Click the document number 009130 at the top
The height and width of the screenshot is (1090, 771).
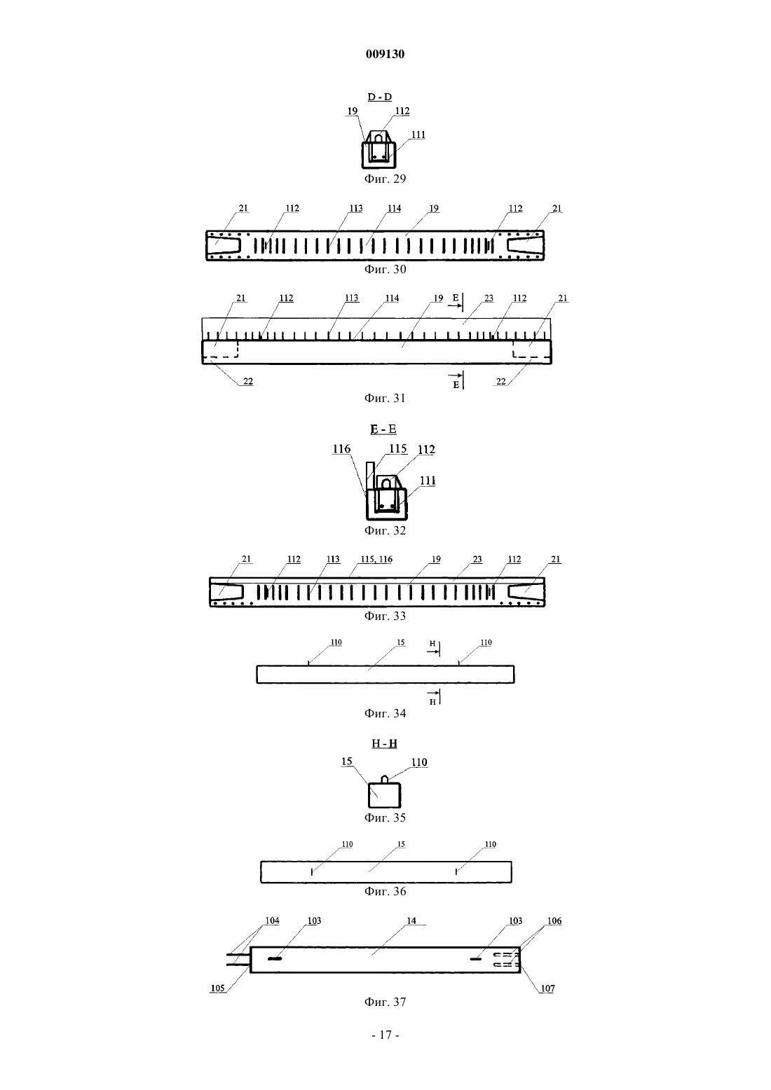pyautogui.click(x=385, y=54)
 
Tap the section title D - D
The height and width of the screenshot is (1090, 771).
pyautogui.click(x=380, y=97)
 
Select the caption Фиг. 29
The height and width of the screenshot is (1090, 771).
pyautogui.click(x=385, y=179)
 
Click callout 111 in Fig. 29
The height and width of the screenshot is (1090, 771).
pyautogui.click(x=418, y=134)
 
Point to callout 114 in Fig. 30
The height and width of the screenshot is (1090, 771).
pyautogui.click(x=394, y=208)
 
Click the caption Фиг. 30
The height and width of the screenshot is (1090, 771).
pyautogui.click(x=385, y=269)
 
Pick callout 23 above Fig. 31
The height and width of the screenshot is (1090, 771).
pyautogui.click(x=489, y=298)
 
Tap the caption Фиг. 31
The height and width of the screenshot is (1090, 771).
pyautogui.click(x=385, y=398)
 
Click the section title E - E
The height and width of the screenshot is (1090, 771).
pyautogui.click(x=383, y=429)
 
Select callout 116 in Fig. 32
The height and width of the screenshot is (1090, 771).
pyautogui.click(x=342, y=448)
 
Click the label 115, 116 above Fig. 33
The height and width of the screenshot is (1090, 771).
pyautogui.click(x=376, y=559)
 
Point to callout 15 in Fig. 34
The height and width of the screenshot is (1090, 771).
pyautogui.click(x=401, y=642)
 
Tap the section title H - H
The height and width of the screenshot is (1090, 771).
pyautogui.click(x=385, y=743)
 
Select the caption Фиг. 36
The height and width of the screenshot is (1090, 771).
pyautogui.click(x=385, y=891)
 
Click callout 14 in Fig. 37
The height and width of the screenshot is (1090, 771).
pyautogui.click(x=412, y=920)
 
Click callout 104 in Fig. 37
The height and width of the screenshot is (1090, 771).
pyautogui.click(x=272, y=920)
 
